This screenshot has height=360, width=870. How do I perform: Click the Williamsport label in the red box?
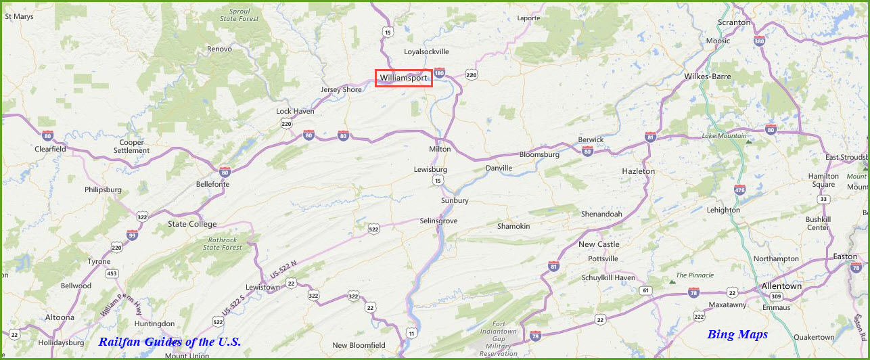403,78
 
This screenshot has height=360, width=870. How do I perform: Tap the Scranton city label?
735,22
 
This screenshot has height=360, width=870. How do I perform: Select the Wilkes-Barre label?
708,76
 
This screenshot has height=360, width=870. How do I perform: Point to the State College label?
192,224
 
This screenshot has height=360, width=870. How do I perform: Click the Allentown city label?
781,286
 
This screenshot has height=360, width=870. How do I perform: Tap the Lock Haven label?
295,111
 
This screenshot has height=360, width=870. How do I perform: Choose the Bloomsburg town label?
539,154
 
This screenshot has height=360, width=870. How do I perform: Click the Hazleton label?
638,171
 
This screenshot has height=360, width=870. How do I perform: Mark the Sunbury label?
455,200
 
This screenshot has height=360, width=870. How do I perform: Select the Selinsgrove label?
439,221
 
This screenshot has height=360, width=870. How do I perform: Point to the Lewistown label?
262,287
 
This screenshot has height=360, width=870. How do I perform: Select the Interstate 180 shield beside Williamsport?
440,73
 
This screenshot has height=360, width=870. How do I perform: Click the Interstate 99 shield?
132,235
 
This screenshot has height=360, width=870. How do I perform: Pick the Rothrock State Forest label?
223,244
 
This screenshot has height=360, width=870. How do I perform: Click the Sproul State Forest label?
239,15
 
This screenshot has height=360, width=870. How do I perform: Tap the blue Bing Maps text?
737,334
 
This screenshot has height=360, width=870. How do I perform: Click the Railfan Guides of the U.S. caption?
169,342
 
